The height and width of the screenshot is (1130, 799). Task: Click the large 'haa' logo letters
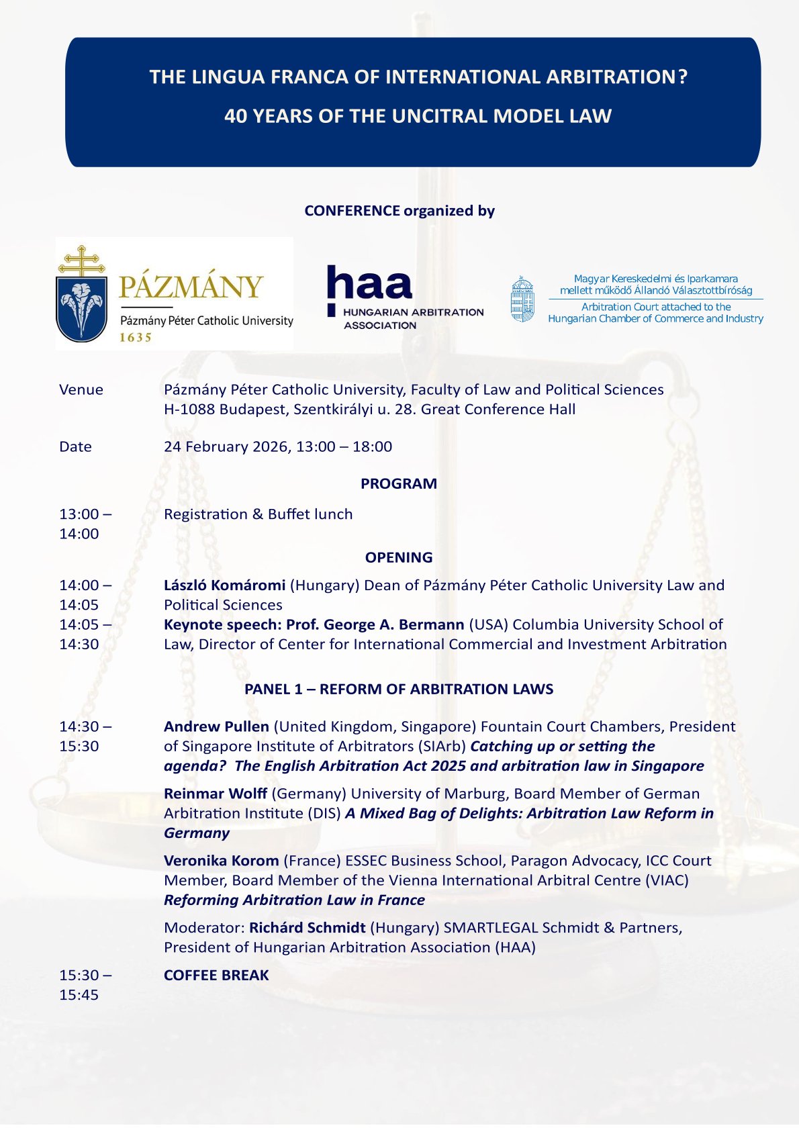pos(369,284)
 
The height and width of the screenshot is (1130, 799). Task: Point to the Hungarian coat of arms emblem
pos(522,299)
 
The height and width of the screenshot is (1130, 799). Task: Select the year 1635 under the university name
pos(136,338)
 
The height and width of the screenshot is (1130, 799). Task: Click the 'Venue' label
pos(81,390)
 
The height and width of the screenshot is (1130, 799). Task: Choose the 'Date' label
pos(75,447)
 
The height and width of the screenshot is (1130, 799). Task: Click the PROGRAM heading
pos(399,484)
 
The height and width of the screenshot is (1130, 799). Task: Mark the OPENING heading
pos(399,558)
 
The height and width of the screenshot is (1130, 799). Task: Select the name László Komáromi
pos(224,585)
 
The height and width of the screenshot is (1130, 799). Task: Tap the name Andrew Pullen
pos(216,727)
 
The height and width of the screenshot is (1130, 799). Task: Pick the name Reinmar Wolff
pos(216,794)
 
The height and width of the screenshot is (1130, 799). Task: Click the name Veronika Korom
pos(221,861)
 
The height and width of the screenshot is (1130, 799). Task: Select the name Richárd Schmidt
pos(307,929)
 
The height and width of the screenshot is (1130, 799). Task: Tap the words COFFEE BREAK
pos(216,976)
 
